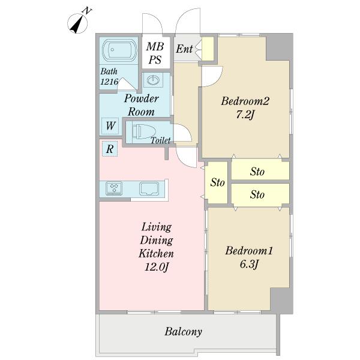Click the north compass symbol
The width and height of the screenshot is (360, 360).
77,23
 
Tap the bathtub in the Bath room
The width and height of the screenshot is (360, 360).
119,50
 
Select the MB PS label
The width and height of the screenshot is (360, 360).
155,53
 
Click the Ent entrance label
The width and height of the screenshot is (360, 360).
184,49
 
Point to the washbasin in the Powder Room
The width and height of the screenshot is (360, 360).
153,80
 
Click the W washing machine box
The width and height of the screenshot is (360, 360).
110,126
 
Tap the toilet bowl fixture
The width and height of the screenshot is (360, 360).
144,132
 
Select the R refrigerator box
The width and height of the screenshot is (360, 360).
110,149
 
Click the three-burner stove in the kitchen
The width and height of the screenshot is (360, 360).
114,188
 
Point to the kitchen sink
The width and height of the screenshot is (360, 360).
149,189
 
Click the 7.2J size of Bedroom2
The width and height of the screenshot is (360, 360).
245,115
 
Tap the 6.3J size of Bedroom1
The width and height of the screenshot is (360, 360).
249,264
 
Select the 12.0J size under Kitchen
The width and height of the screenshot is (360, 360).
157,267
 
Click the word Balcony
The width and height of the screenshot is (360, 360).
183,332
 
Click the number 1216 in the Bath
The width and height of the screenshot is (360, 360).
109,82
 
